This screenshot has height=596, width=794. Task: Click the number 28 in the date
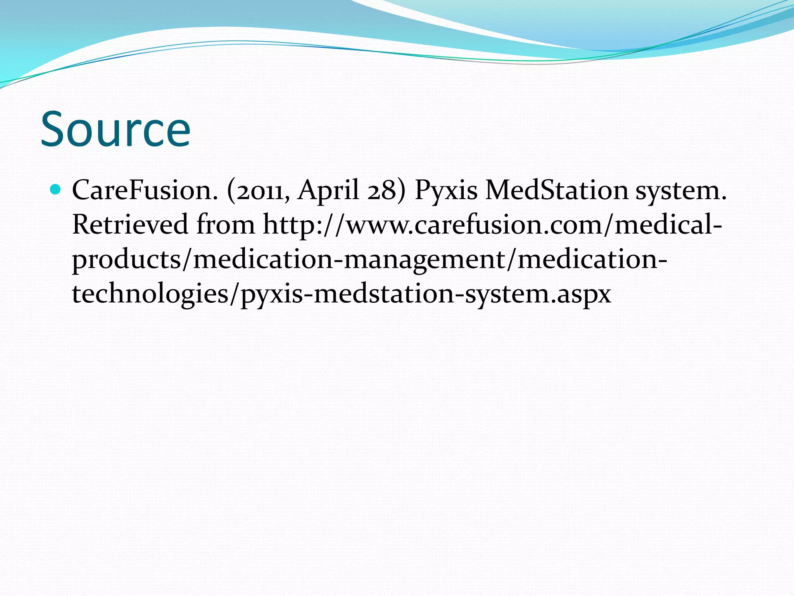pos(382,191)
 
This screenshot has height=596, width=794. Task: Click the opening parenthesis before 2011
pos(231,191)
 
